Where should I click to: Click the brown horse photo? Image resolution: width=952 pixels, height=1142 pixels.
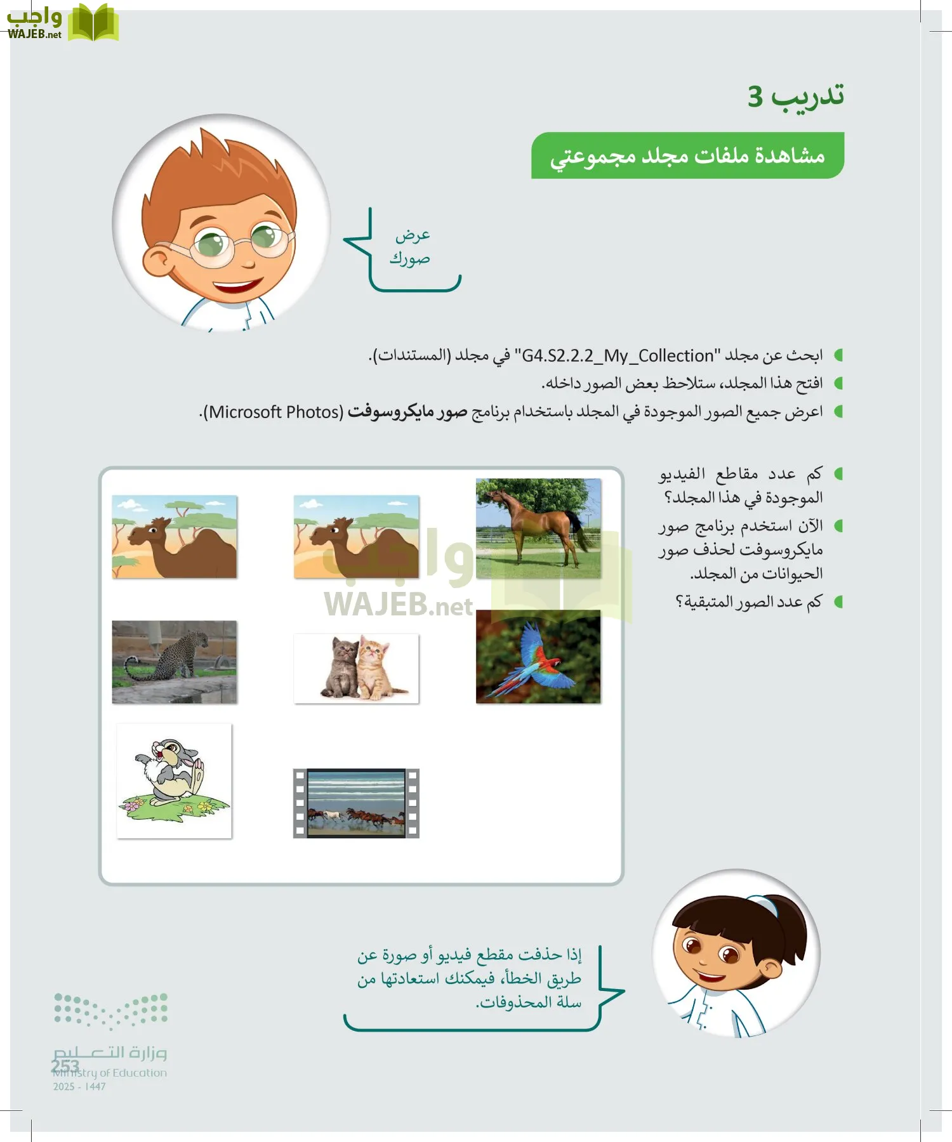tap(538, 528)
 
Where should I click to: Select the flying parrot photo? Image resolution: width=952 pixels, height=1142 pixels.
tap(538, 657)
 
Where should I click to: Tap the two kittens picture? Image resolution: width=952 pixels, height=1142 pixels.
tap(356, 668)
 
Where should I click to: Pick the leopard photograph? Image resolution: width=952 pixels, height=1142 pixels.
tap(174, 662)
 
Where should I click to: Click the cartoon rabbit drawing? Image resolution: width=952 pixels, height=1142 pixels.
tap(174, 780)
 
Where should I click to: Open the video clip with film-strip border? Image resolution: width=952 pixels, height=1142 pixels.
tap(356, 803)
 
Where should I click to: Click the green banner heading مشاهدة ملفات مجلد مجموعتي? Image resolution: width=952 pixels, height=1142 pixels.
tap(687, 155)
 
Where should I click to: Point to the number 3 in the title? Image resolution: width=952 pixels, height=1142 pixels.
tap(755, 96)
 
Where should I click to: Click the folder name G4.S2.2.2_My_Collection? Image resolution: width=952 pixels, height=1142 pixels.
tap(618, 356)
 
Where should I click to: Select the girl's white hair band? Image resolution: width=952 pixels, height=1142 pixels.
tap(765, 904)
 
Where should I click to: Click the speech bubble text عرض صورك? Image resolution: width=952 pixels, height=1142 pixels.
tap(411, 247)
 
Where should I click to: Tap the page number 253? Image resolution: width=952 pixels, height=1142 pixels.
tap(65, 1065)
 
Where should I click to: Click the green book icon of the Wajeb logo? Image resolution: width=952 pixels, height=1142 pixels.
tap(93, 23)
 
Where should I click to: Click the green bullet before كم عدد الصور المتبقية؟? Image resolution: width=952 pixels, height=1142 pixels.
tap(838, 601)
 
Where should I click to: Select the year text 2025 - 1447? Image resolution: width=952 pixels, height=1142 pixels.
tap(79, 1087)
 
